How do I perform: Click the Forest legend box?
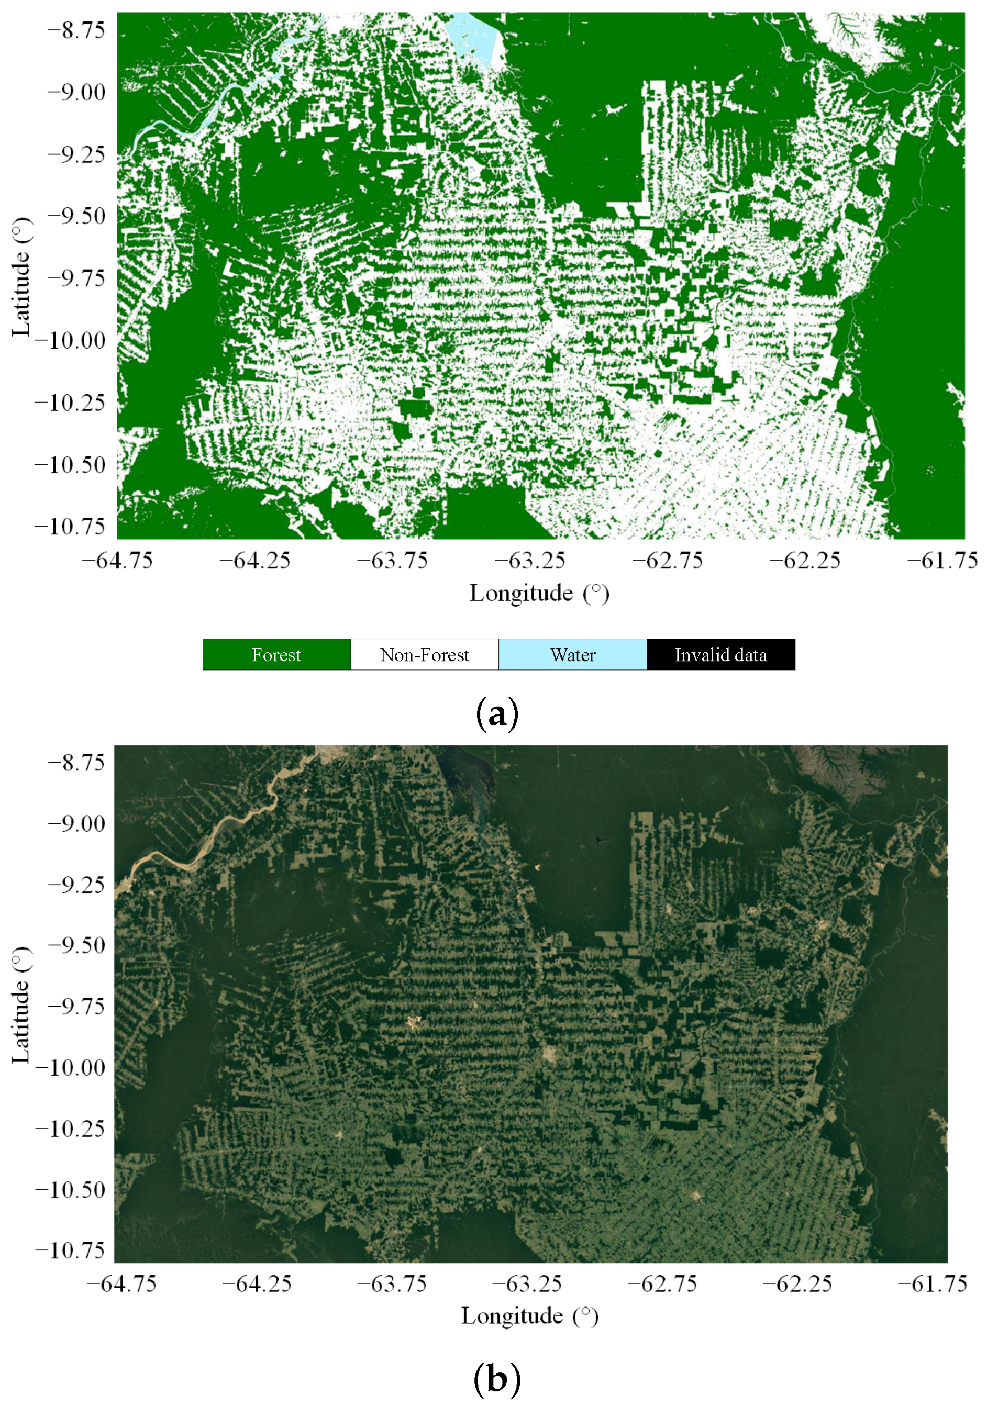276,654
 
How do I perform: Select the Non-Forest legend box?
424,654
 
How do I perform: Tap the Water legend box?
573,654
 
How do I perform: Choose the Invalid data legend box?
720,654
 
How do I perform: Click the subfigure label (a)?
496,714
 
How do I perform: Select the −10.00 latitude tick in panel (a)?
70,340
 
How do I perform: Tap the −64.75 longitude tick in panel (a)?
117,560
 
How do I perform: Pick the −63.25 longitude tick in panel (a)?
530,560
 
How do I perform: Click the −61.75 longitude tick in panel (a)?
943,560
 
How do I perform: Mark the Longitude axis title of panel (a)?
539,593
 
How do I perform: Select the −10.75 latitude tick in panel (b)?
70,1250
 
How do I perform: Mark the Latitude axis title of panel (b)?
21,1005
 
